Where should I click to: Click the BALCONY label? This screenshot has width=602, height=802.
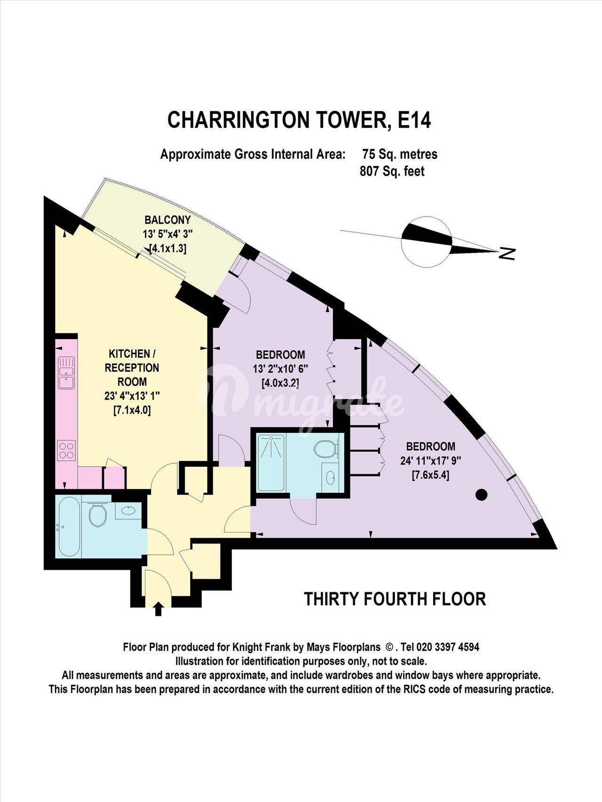pos(168,220)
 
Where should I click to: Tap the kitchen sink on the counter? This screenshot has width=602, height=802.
pos(66,372)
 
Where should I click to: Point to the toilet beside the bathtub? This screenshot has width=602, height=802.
pos(97,515)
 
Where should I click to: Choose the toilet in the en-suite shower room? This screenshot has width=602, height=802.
pos(325,448)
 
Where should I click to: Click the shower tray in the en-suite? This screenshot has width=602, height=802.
pos(271,463)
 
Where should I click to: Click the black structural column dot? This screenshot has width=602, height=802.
pos(481,495)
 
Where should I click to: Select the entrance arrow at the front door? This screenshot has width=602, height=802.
pos(158,609)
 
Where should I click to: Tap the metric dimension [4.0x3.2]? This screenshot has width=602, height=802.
pos(280,383)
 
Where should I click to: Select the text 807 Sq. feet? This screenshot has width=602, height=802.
pos(392,171)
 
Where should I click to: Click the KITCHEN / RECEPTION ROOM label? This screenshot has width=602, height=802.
pos(132,368)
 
